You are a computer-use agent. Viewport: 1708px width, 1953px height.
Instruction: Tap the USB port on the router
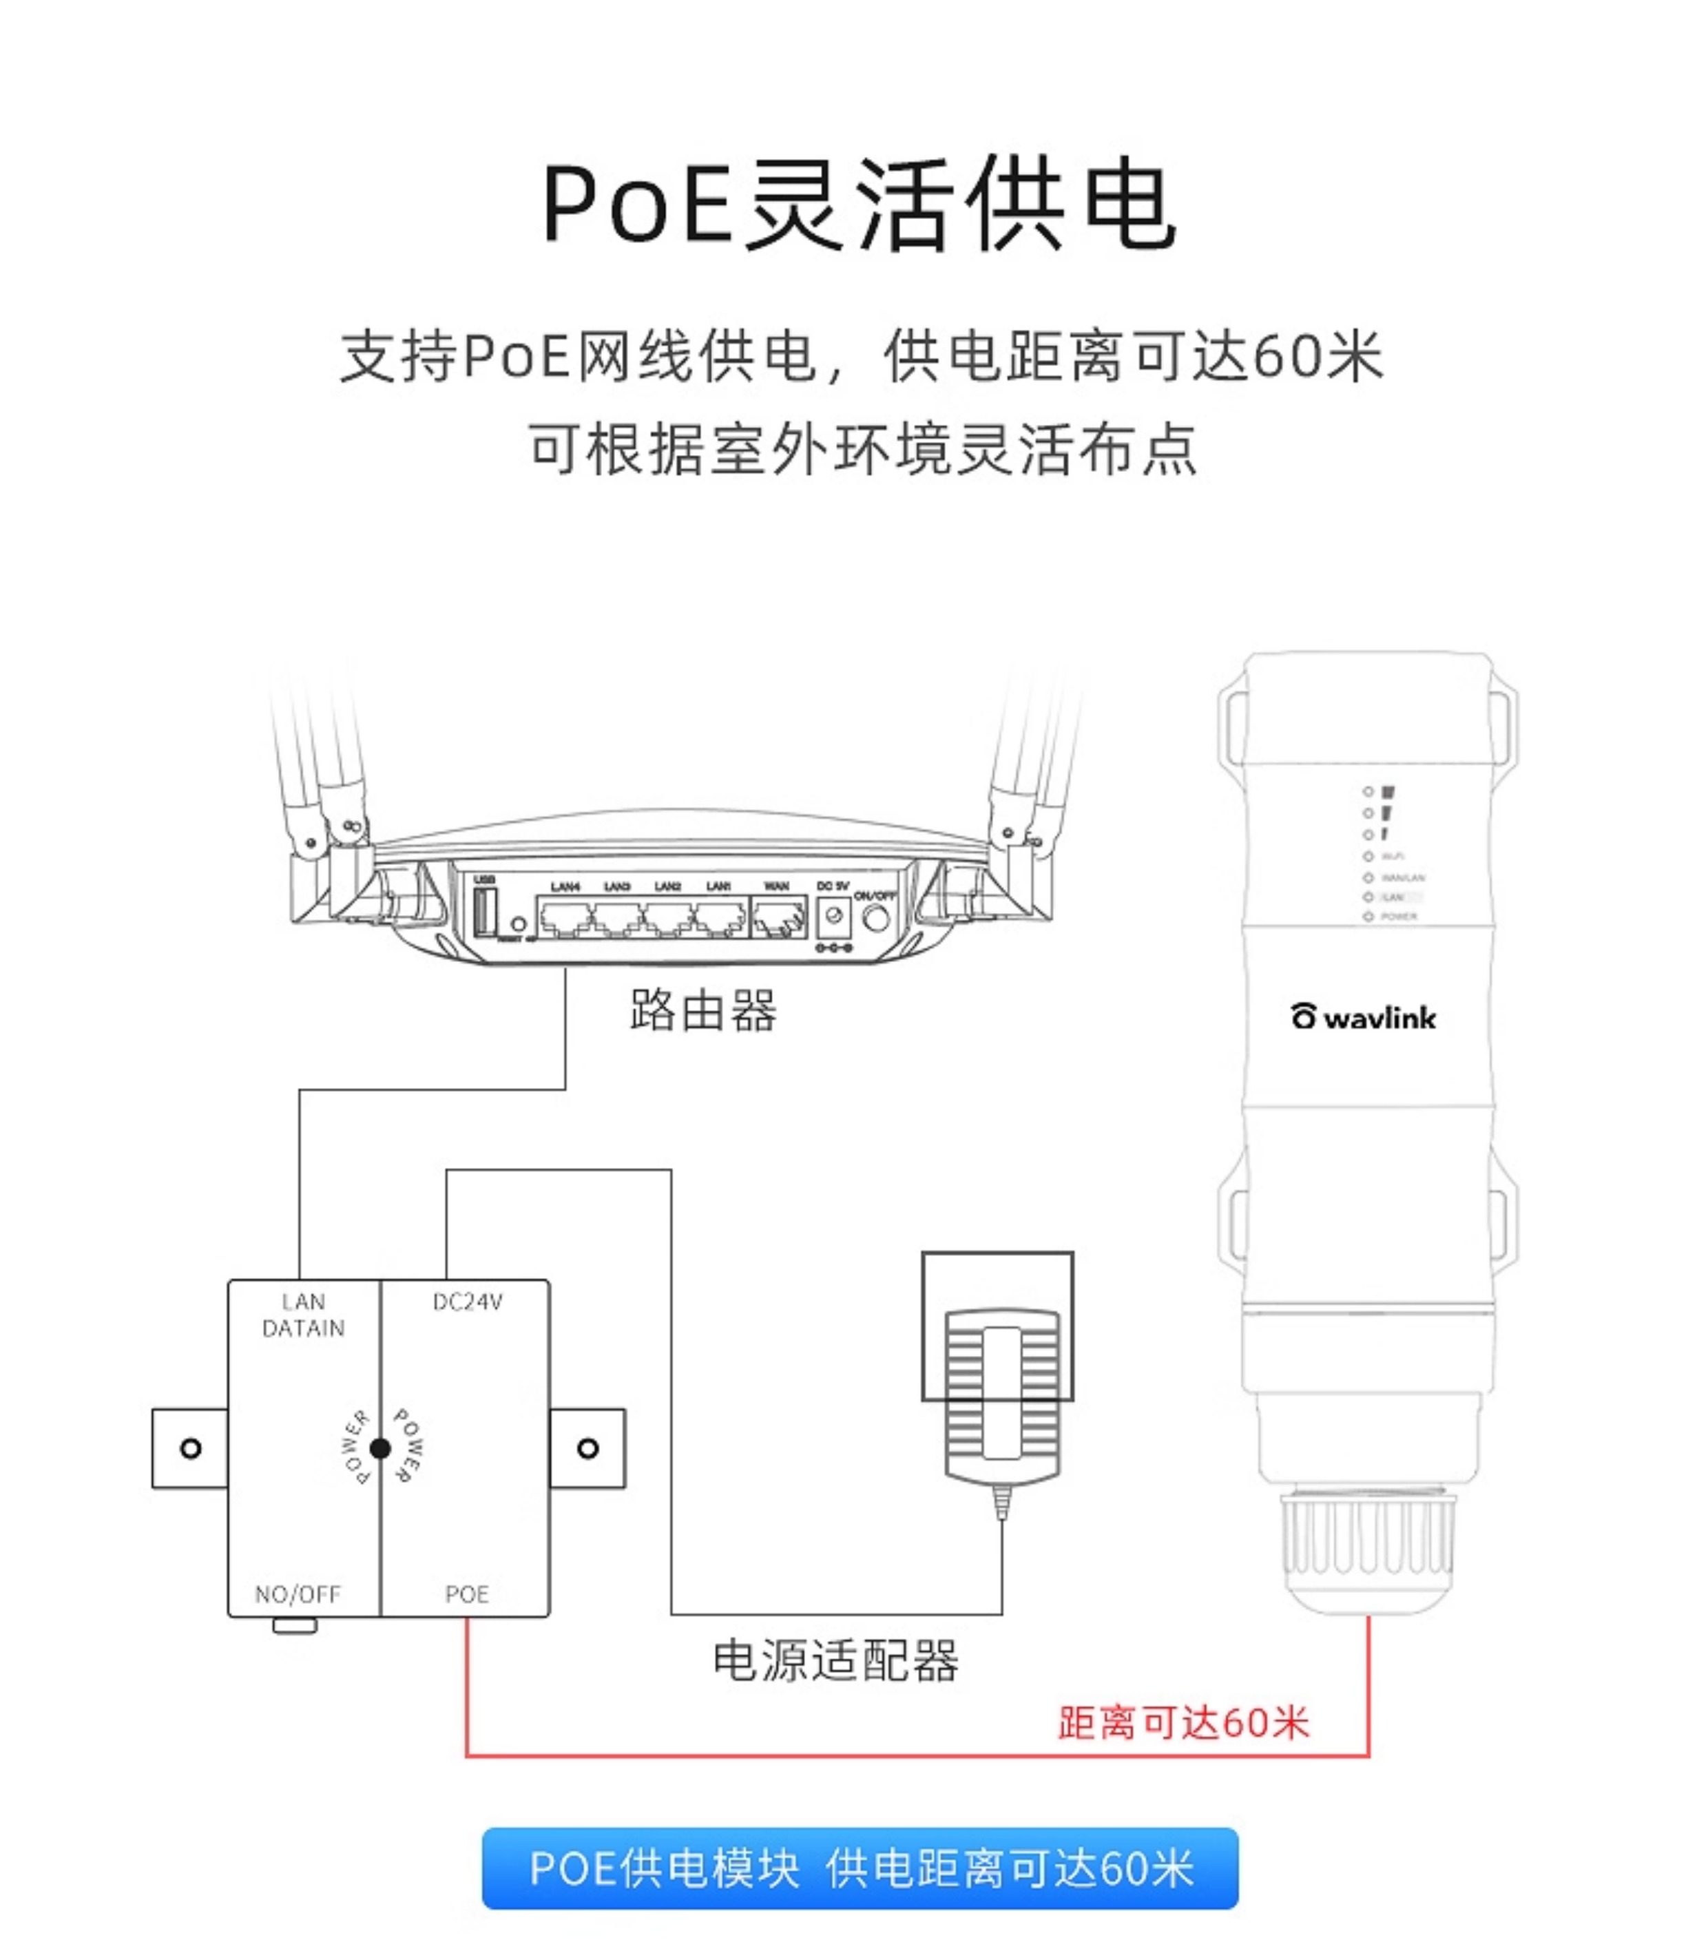point(484,913)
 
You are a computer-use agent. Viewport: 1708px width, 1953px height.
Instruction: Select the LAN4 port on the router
point(565,919)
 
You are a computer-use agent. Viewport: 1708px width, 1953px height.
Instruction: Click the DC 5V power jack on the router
point(834,916)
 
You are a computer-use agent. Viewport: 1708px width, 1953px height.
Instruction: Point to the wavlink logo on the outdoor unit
point(1364,1017)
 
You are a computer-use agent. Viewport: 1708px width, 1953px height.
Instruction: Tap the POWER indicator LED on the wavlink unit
point(1368,916)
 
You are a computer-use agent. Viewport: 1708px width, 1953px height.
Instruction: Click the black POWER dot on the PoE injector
point(379,1449)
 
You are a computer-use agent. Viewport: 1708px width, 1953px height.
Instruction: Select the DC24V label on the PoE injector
point(467,1302)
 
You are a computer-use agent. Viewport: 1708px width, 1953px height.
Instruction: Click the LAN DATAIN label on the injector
point(303,1315)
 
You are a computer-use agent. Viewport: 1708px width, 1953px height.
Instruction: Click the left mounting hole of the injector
point(191,1449)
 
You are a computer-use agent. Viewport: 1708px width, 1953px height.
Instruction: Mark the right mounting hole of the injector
point(588,1449)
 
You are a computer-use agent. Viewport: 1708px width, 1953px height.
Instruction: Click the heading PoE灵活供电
point(859,206)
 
